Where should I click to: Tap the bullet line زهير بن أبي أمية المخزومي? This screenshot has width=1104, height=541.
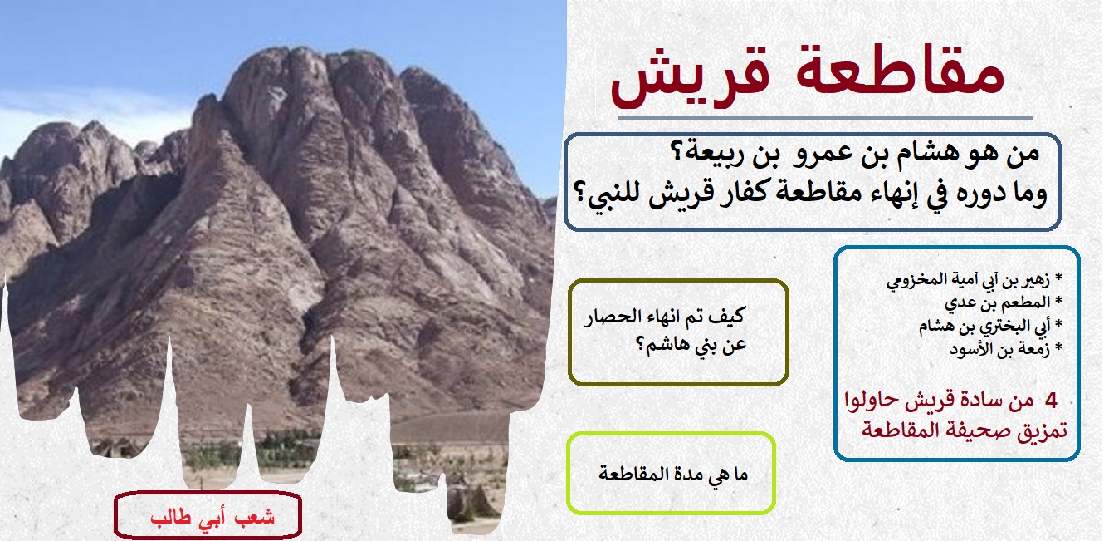pyautogui.click(x=974, y=280)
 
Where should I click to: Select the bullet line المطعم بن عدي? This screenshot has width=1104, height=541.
pyautogui.click(x=1003, y=302)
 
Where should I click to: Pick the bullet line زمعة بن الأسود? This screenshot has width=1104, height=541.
pyautogui.click(x=1005, y=349)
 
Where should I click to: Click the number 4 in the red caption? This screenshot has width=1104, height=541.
pyautogui.click(x=1051, y=401)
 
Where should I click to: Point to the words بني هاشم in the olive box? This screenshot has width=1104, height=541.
pyautogui.click(x=691, y=345)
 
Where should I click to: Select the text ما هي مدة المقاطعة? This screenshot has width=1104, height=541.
pyautogui.click(x=673, y=474)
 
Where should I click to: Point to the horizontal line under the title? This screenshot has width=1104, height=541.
pyautogui.click(x=826, y=118)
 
